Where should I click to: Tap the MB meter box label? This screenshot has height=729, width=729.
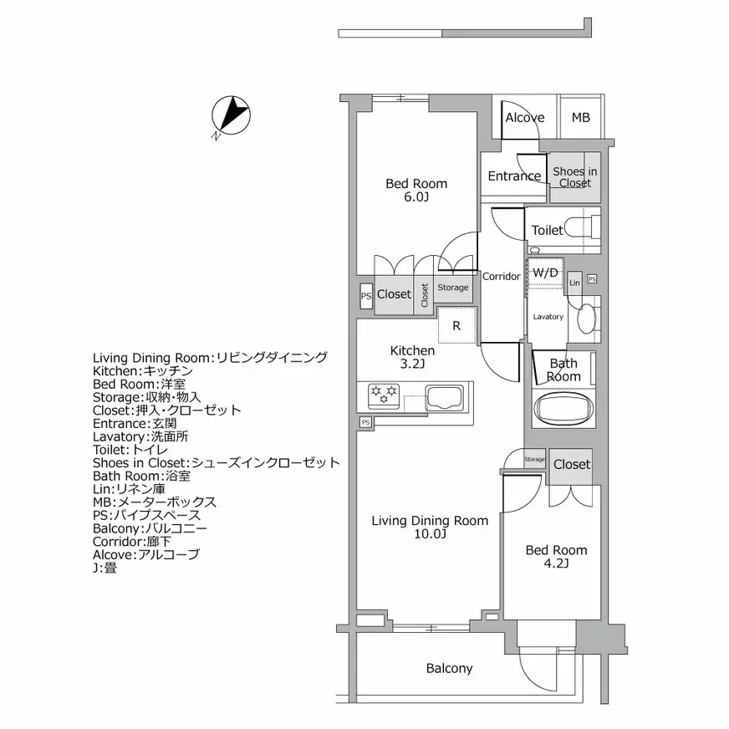coord(580,118)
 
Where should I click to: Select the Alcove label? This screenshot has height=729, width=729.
coord(524,118)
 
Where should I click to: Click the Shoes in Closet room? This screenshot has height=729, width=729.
coord(575,177)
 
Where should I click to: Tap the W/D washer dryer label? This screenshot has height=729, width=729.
coord(545,273)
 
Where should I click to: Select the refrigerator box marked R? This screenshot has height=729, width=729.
coord(456,326)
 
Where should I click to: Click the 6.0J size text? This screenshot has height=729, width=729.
coord(415,198)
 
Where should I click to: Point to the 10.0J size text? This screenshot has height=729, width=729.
coord(430,535)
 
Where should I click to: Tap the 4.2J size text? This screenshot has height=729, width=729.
coord(555,564)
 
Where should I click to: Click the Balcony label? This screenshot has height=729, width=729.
coord(449,669)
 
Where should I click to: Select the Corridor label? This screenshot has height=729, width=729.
coord(502,277)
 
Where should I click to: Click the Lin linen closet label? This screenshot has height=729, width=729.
coord(574,283)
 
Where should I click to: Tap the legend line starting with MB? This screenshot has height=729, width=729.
coord(155,502)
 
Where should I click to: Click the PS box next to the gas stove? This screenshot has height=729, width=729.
coord(365,423)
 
